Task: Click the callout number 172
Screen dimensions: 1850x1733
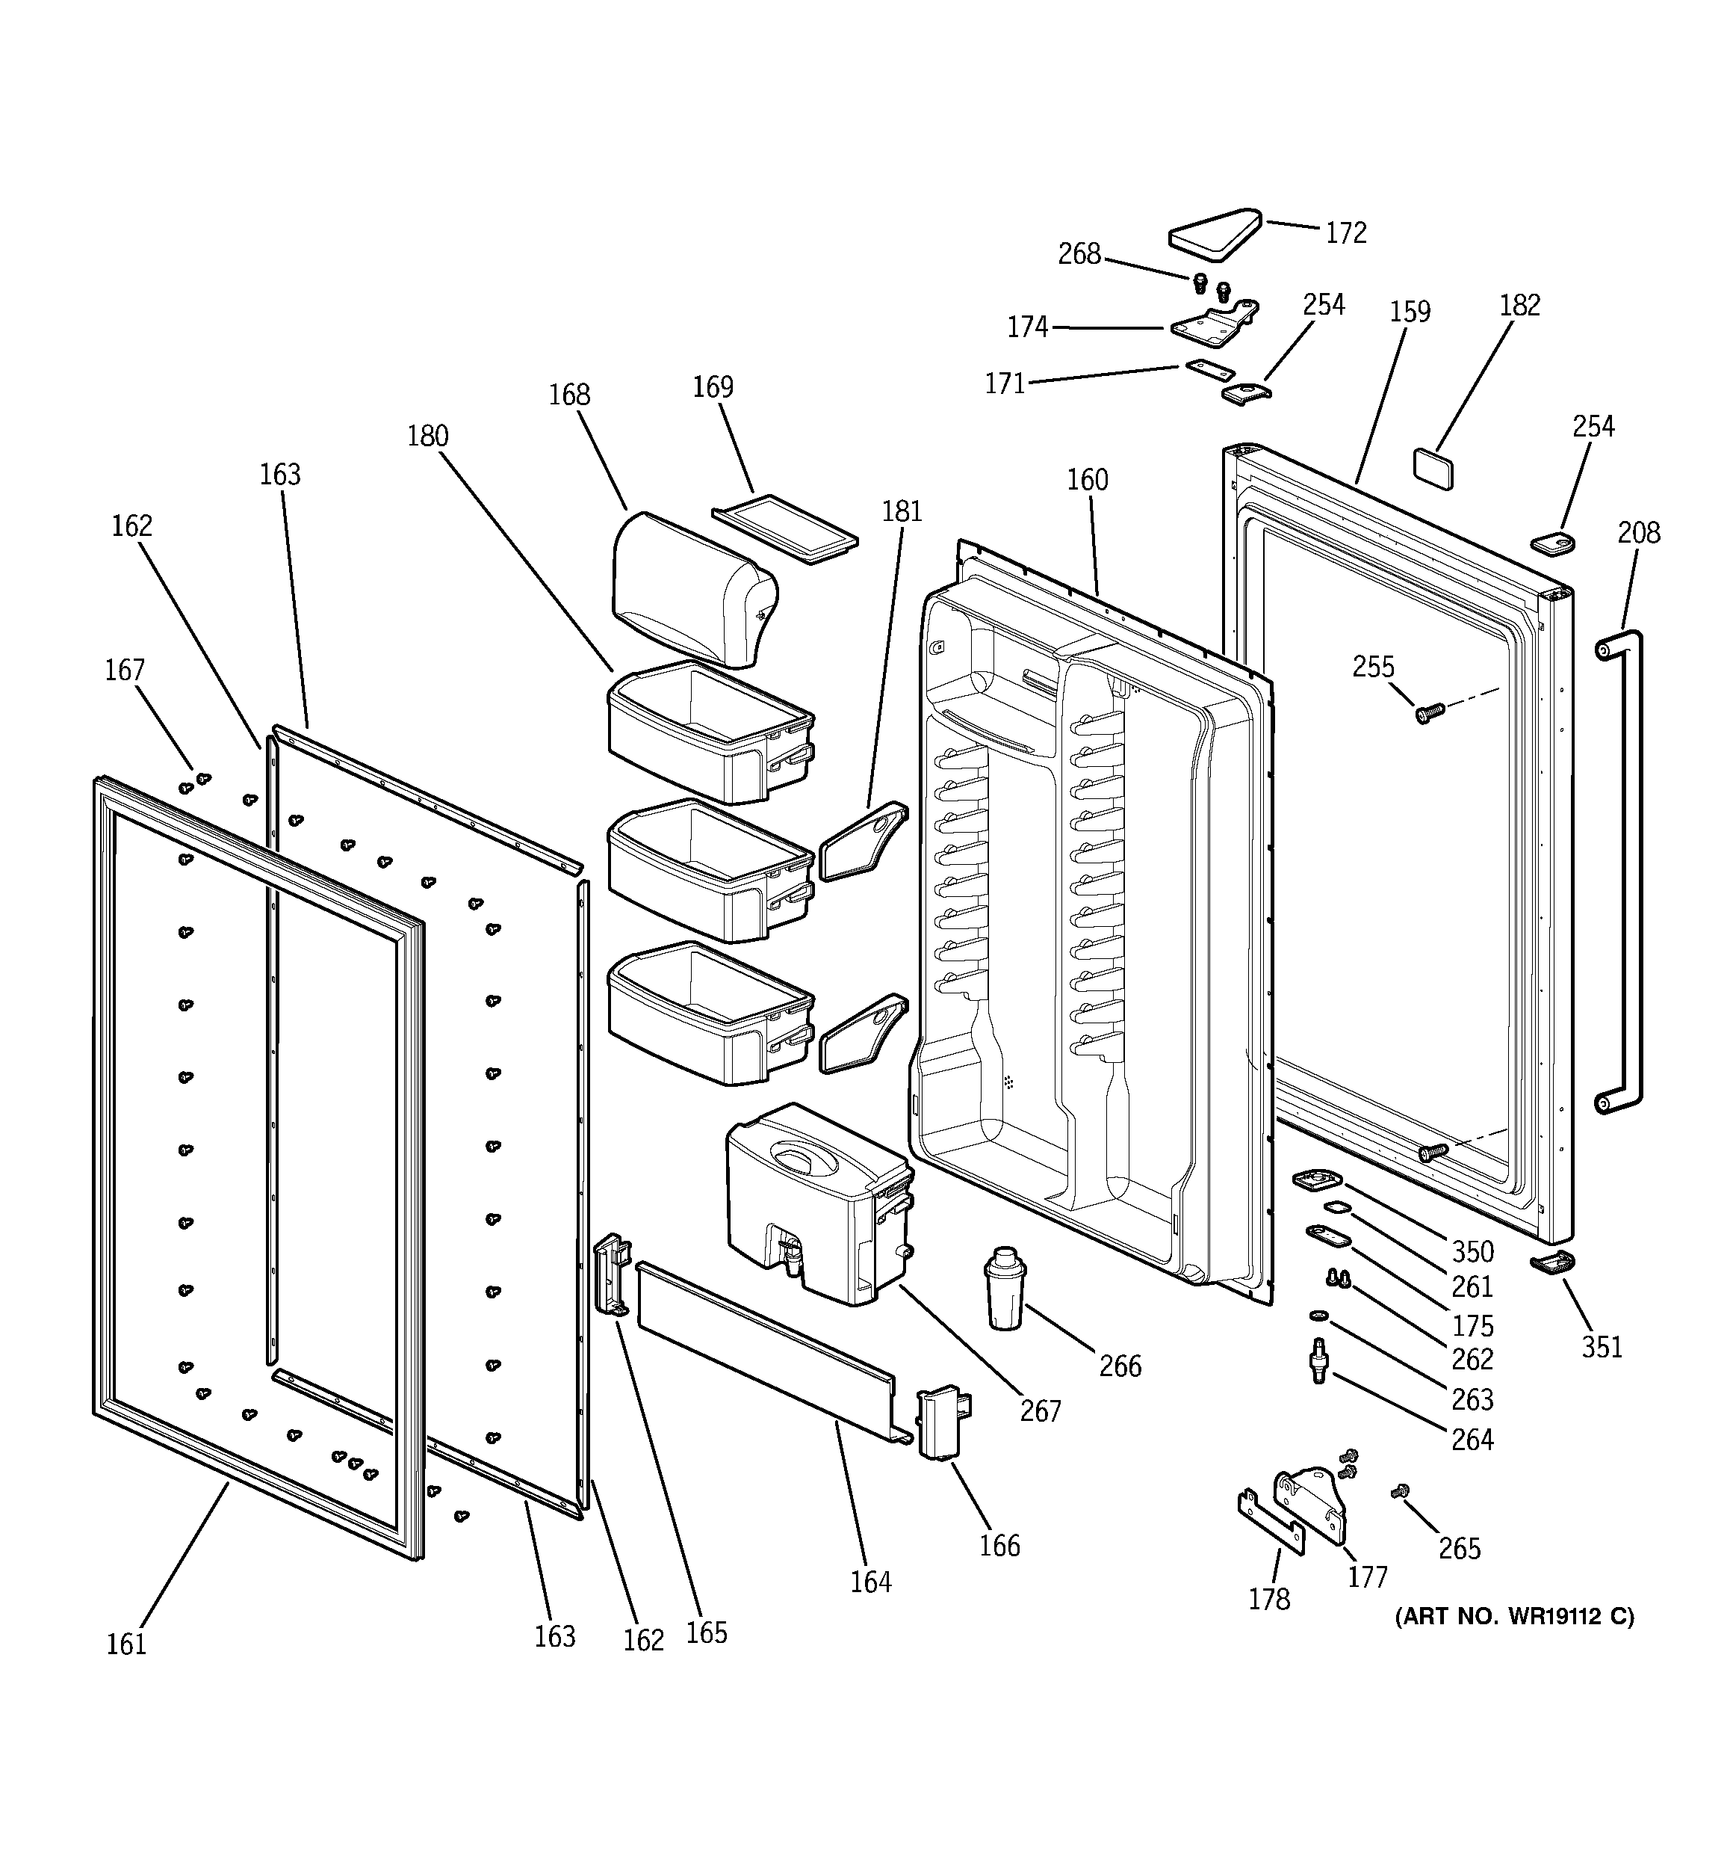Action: [x=1345, y=232]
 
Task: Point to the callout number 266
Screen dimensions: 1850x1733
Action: [x=1119, y=1366]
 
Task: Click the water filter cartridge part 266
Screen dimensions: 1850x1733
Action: [x=1005, y=1289]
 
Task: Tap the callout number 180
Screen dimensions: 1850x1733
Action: [x=427, y=436]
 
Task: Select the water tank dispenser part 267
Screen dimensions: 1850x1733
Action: [x=819, y=1203]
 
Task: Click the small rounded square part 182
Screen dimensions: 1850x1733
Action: [x=1433, y=467]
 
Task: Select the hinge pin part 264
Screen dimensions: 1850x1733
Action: [x=1317, y=1374]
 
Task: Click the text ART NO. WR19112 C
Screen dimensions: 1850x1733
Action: [x=1513, y=1617]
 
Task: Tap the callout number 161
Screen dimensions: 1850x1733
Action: [x=126, y=1644]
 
